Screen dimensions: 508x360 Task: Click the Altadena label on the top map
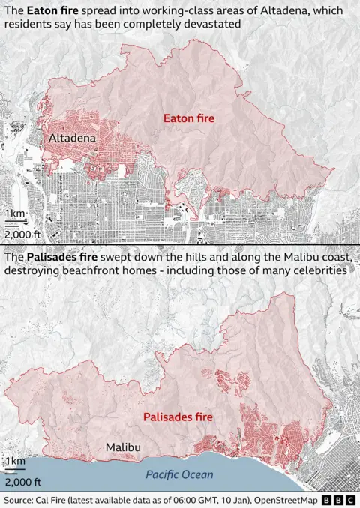pos(72,139)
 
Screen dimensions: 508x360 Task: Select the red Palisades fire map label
pos(178,416)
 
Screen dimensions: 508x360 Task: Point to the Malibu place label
pos(123,447)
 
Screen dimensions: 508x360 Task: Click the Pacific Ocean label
pos(179,475)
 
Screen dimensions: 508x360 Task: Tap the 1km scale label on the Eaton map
pos(16,215)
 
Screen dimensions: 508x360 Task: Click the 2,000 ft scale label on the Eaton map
pos(23,234)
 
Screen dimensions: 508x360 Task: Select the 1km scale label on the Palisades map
pos(15,460)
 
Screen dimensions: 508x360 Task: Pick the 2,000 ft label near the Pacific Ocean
pos(23,481)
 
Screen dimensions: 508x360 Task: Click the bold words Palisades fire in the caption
pos(65,257)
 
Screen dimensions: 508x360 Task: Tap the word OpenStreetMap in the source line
pos(284,500)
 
